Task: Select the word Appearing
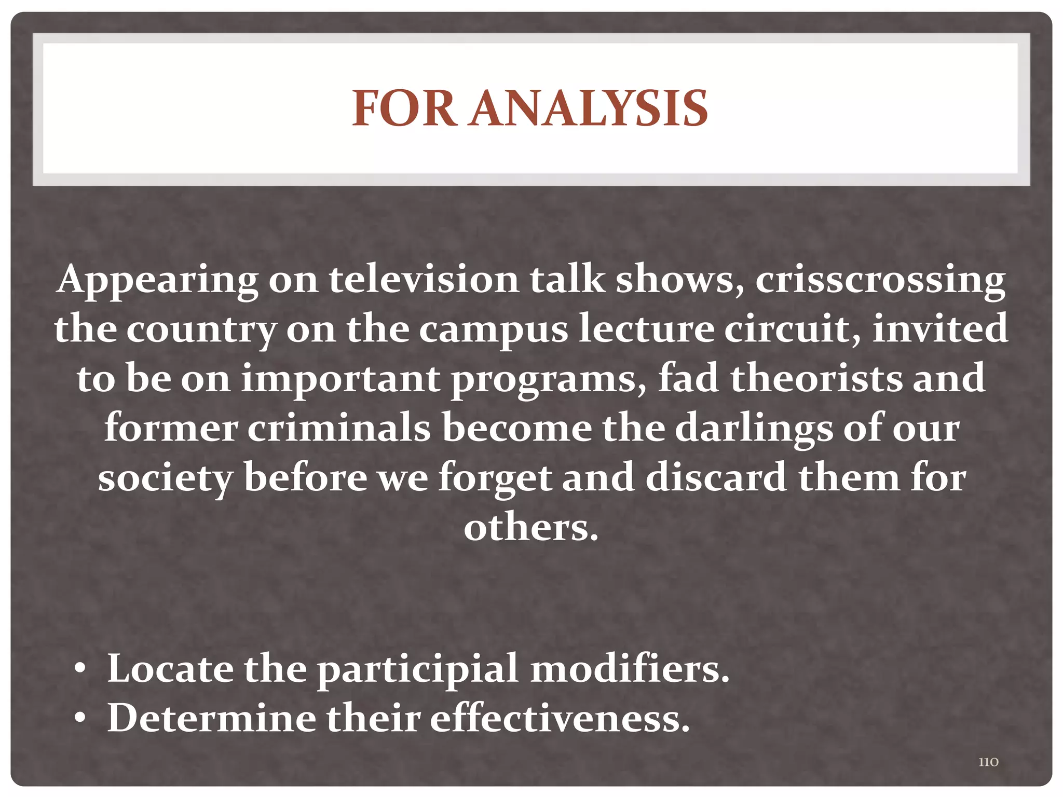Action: pos(158,280)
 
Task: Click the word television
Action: pos(424,280)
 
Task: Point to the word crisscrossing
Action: pos(880,280)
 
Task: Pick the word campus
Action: pos(494,329)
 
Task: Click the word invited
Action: pos(940,329)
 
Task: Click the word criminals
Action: pos(339,428)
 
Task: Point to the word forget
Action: pos(495,478)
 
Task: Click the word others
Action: pos(531,528)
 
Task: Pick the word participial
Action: pos(418,669)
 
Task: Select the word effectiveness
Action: pos(560,719)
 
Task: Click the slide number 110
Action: pos(988,762)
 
